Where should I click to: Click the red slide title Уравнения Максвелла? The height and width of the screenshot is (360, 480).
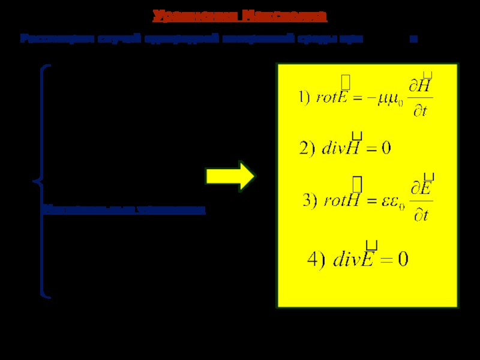pyautogui.click(x=239, y=16)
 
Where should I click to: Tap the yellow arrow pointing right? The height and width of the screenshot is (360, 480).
pyautogui.click(x=231, y=176)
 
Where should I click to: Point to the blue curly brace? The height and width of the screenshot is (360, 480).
pyautogui.click(x=41, y=180)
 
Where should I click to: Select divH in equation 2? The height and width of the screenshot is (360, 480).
pyautogui.click(x=338, y=147)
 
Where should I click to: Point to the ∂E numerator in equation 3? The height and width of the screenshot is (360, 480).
pyautogui.click(x=422, y=190)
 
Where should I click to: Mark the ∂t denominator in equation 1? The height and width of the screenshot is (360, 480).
pyautogui.click(x=421, y=112)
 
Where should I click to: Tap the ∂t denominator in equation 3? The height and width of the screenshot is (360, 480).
pyautogui.click(x=421, y=215)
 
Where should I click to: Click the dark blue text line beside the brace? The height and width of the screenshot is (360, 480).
pyautogui.click(x=123, y=210)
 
